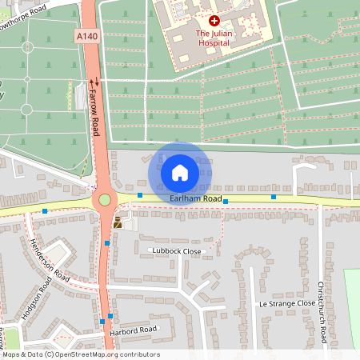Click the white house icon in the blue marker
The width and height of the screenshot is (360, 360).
[x=179, y=172]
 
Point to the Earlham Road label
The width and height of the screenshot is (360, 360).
[x=196, y=198]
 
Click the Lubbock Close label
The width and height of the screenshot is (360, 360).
[x=177, y=251]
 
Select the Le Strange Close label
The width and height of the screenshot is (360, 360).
[x=287, y=304]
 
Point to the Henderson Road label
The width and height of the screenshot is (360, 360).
[x=50, y=261]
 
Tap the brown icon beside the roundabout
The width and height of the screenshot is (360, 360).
[x=118, y=223]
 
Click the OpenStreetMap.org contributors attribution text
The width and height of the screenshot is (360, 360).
[x=108, y=354]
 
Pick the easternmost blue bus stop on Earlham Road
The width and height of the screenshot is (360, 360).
[x=274, y=197]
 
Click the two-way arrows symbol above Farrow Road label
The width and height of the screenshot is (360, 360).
[x=94, y=82]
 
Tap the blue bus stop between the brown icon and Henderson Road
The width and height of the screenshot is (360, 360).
[x=106, y=243]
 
